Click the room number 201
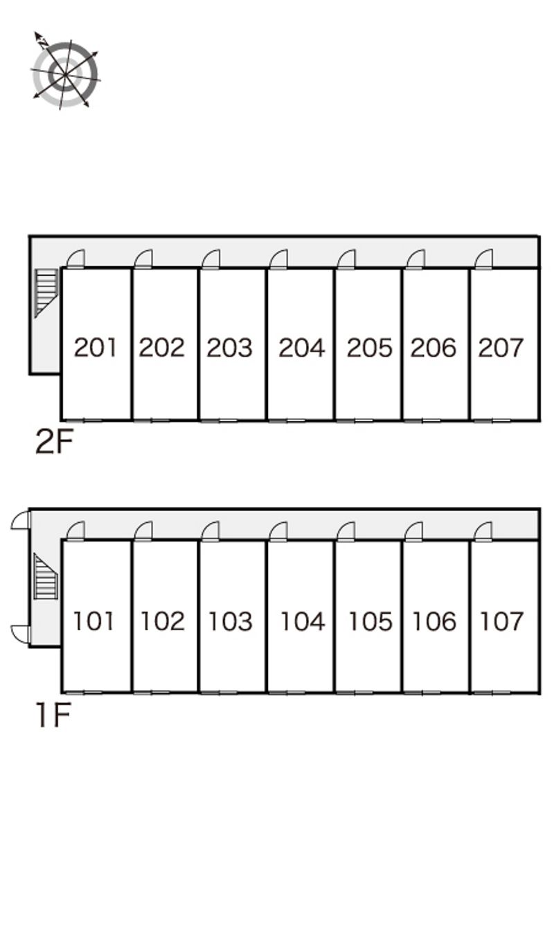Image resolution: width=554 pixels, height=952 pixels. [95, 347]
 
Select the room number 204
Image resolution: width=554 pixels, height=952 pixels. [301, 347]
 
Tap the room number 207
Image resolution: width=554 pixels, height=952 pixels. [501, 347]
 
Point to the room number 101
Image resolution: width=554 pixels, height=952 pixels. [93, 621]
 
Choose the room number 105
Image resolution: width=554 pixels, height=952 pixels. [370, 621]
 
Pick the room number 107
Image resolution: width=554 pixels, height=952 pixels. [501, 621]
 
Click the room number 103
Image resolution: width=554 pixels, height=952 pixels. [231, 621]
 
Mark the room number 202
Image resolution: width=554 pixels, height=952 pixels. [162, 347]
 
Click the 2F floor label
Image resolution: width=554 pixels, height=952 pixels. [54, 442]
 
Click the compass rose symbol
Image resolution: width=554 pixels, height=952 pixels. [65, 72]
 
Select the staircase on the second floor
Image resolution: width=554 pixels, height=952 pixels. [46, 293]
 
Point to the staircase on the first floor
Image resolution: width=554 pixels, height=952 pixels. [46, 576]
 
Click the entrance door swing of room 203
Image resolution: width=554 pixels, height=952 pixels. [211, 259]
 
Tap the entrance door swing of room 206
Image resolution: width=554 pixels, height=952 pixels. [415, 259]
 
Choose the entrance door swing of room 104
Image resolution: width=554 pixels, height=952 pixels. [278, 531]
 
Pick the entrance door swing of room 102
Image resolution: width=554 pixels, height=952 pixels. [143, 531]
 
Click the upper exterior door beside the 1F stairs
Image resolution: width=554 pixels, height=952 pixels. [20, 521]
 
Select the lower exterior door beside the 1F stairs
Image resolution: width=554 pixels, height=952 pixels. [20, 635]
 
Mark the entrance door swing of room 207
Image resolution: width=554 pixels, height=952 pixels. [484, 259]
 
